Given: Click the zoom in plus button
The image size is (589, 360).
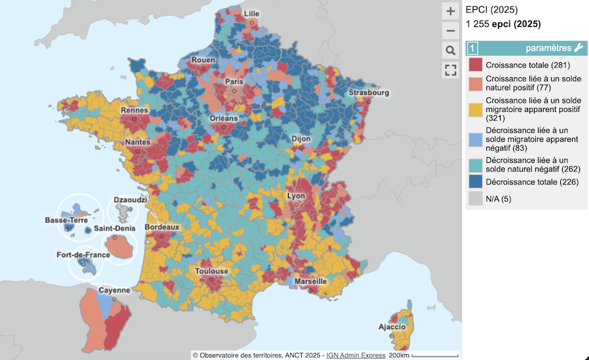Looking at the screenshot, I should pyautogui.click(x=450, y=11).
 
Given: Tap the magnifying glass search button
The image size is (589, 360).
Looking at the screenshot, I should pyautogui.click(x=450, y=50).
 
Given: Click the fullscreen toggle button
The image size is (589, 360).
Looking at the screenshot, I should pyautogui.click(x=450, y=70).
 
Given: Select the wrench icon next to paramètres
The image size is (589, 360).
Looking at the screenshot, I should pyautogui.click(x=578, y=48).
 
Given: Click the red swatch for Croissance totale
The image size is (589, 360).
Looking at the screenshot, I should pyautogui.click(x=475, y=65).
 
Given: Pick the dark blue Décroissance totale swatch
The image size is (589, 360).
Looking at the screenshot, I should pyautogui.click(x=475, y=182).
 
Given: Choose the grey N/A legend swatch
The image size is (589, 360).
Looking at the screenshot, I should pyautogui.click(x=475, y=199).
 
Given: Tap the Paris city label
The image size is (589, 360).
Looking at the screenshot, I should pyautogui.click(x=234, y=82).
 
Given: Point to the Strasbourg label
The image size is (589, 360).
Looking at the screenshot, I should pyautogui.click(x=368, y=93).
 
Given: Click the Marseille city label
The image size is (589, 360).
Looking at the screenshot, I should pyautogui.click(x=310, y=281).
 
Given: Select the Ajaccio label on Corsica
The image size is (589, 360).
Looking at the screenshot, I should pyautogui.click(x=392, y=327).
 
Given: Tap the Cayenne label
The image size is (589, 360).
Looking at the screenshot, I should pyautogui.click(x=114, y=290).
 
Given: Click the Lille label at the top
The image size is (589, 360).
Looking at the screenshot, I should pyautogui.click(x=251, y=14).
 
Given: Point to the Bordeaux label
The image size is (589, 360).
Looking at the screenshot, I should pyautogui.click(x=162, y=227).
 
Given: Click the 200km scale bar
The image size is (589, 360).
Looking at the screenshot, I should pyautogui.click(x=419, y=355).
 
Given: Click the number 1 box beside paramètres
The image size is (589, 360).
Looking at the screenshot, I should pyautogui.click(x=473, y=48).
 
